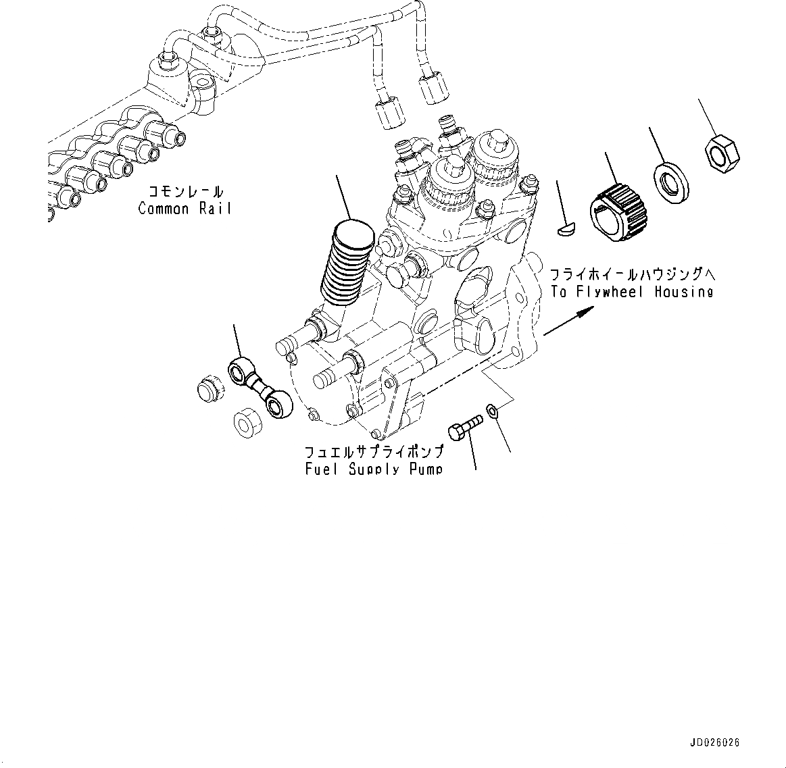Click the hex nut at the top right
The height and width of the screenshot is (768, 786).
(722, 152)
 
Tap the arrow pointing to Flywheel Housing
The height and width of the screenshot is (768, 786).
(568, 320)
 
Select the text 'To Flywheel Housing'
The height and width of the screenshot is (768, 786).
(631, 292)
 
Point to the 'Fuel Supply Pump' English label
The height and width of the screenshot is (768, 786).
(374, 468)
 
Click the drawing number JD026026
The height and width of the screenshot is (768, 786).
(714, 742)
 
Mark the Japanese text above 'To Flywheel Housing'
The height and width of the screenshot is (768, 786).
(632, 275)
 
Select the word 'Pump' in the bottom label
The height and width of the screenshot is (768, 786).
(426, 468)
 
